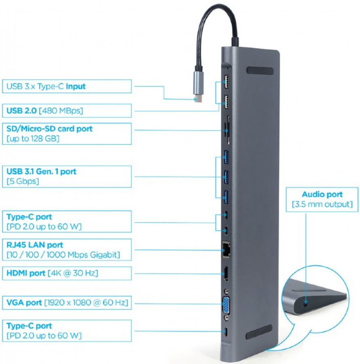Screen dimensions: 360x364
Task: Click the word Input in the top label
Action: click(76, 87)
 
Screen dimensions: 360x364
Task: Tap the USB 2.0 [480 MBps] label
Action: click(44, 111)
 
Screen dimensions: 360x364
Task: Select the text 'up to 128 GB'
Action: click(33, 139)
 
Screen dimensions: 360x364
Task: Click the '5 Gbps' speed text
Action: click(23, 181)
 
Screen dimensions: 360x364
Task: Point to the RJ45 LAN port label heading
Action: click(35, 245)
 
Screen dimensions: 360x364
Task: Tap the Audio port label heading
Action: click(322, 194)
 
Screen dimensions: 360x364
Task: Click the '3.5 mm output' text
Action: click(322, 204)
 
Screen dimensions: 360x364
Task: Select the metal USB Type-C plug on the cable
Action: click(199, 87)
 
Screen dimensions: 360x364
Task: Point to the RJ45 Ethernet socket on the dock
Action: click(226, 250)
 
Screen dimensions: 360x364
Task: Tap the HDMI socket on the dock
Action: click(226, 273)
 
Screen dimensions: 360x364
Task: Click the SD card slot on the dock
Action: click(227, 130)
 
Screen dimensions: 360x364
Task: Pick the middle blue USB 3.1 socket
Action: click(226, 178)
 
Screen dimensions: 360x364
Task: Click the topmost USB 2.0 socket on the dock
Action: click(226, 81)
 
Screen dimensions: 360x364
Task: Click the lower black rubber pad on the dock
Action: click(259, 332)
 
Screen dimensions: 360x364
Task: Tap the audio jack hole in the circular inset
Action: click(306, 303)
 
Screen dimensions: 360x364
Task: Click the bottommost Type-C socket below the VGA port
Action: click(226, 332)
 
